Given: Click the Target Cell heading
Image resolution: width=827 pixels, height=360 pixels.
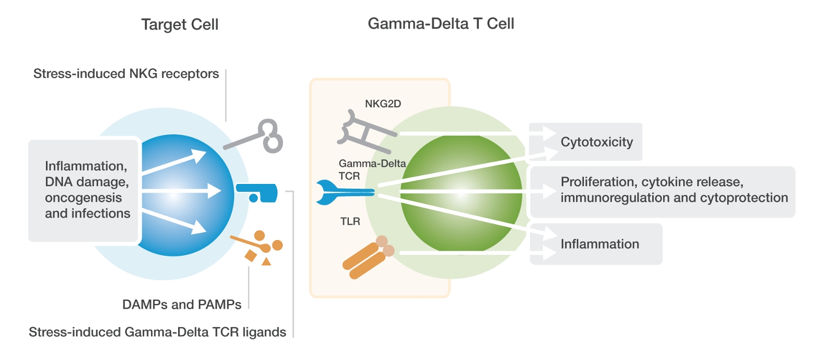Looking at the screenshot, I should tap(180, 25).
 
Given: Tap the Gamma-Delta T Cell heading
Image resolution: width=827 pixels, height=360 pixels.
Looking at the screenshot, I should tap(441, 24).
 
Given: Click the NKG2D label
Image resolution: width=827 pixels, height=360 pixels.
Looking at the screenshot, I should tap(383, 104).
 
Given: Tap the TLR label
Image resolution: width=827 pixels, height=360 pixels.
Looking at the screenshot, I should tap(350, 221).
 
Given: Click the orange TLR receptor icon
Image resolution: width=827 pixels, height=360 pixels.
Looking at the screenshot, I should tap(366, 259).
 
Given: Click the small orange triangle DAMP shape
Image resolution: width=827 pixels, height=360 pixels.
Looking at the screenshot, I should tap(266, 261).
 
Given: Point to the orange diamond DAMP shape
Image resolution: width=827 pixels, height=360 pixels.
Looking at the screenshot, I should tap(250, 256).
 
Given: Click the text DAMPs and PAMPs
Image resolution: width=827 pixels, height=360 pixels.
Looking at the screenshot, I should tap(182, 304).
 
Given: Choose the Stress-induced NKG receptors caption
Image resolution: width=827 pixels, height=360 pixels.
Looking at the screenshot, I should tap(126, 74).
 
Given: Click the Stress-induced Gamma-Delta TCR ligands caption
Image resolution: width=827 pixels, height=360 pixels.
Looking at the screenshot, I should tap(157, 333).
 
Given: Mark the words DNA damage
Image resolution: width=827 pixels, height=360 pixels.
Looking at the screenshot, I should tap(87, 181).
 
